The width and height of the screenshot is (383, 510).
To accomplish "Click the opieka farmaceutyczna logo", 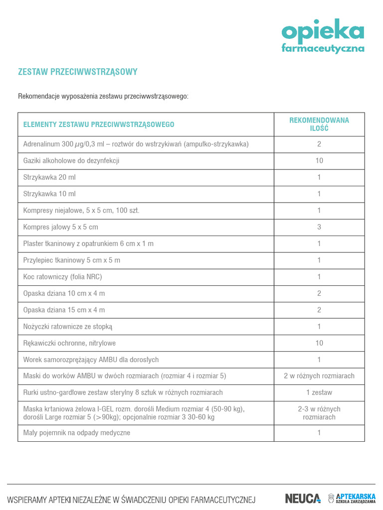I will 323,36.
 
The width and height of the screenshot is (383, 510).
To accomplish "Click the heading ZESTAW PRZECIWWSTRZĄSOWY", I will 78,72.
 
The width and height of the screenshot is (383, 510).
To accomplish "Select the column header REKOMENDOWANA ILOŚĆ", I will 319,124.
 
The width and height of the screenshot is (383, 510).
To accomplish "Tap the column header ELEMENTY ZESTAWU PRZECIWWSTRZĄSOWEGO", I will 99,125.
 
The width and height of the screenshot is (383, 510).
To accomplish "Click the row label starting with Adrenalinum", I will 136,144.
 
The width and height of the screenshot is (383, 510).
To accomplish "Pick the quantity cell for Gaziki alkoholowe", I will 319,161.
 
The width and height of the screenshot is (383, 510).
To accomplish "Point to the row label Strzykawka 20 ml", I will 49,177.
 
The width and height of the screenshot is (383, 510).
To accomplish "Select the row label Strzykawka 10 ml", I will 49,194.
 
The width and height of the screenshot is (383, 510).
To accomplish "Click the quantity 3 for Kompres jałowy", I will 319,227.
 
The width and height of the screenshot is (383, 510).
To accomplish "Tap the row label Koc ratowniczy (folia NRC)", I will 62,277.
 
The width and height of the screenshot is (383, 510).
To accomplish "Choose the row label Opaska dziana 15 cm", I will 64,310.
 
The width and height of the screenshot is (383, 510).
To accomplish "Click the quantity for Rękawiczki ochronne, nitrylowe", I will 319,343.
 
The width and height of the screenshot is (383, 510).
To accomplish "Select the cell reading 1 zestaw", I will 319,392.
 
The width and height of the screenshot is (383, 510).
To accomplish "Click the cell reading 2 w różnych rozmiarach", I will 319,376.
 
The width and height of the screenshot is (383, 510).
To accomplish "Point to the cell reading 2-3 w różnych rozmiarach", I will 319,413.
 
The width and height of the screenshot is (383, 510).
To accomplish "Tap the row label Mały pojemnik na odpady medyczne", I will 77,433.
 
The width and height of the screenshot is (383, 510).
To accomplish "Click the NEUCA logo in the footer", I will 303,498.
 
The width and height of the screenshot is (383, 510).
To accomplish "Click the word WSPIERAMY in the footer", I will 27,499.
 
